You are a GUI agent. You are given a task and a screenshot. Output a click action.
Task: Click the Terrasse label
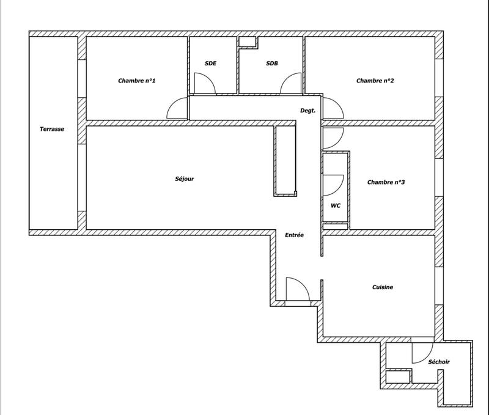click(52, 129)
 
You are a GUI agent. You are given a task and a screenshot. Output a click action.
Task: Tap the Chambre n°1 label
click(137, 81)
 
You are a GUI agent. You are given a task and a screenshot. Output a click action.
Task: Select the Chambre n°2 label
click(375, 81)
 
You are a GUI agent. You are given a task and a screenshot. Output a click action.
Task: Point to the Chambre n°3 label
click(386, 182)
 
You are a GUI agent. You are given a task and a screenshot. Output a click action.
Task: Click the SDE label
click(211, 64)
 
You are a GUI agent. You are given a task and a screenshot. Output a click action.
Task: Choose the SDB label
click(272, 64)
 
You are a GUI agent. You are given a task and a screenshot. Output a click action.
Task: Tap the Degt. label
click(307, 111)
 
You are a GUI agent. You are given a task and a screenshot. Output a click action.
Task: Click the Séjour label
click(184, 179)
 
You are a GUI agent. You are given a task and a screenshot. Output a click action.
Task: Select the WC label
click(335, 206)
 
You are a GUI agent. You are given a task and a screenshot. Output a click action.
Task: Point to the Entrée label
click(294, 235)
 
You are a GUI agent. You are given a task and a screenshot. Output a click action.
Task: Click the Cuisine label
click(382, 287)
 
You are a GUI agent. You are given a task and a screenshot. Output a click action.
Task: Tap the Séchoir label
click(439, 362)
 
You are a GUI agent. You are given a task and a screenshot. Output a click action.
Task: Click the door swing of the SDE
click(204, 83)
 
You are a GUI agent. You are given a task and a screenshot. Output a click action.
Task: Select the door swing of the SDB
click(292, 84)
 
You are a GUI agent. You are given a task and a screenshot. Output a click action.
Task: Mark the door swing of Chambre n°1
click(177, 109)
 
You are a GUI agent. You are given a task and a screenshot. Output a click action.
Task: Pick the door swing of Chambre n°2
click(333, 108)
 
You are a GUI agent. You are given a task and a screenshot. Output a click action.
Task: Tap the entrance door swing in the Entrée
click(296, 289)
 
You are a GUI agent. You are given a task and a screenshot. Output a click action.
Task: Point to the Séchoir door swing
click(422, 351)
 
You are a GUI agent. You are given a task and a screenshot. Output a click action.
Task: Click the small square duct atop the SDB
click(248, 42)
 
